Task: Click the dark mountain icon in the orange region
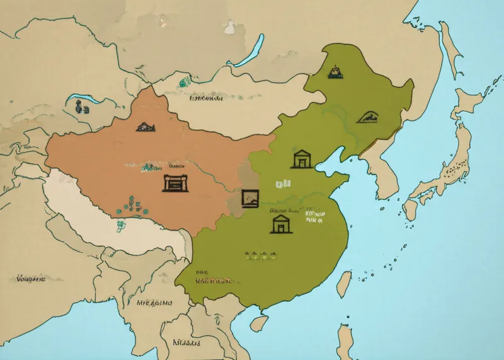(146, 126)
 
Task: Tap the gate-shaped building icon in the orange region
(175, 183)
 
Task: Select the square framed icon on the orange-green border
(250, 197)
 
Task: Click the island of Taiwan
(344, 284)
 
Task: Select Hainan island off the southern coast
(257, 323)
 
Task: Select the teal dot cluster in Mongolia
(183, 82)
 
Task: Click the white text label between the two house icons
(282, 184)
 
